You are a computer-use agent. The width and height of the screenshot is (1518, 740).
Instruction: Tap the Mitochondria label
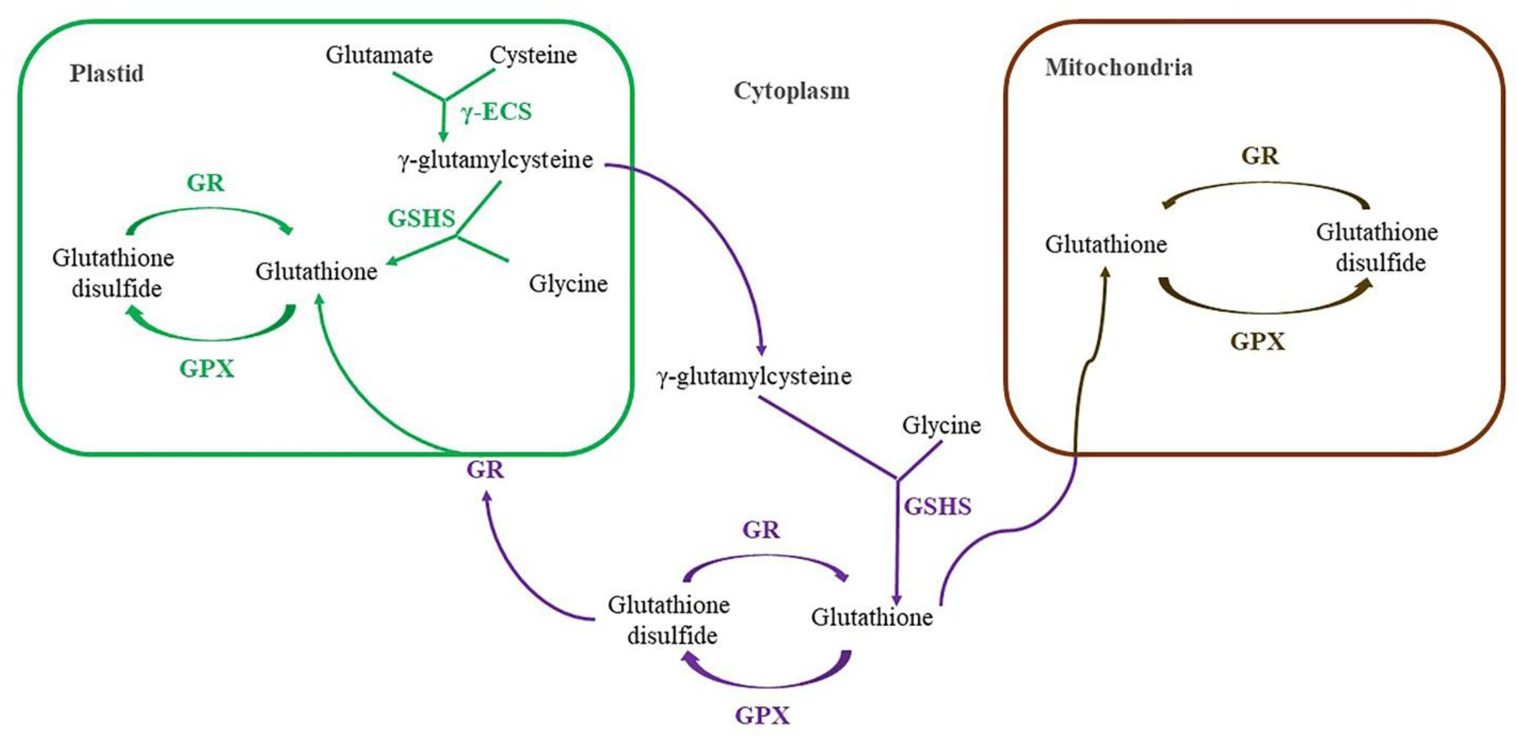point(1118,68)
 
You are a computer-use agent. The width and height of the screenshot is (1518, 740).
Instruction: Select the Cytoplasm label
point(791,91)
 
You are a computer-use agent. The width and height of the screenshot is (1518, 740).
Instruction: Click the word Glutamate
point(379,55)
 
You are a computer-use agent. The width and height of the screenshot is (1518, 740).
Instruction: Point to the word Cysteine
point(533,55)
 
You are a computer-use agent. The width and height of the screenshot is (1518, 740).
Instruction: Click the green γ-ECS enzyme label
point(496,111)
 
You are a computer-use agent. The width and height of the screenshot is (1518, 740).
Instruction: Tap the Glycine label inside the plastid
point(567,284)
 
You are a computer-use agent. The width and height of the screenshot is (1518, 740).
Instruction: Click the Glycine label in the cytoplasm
point(941,425)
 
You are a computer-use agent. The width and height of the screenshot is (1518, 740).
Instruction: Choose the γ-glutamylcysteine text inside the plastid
point(495,160)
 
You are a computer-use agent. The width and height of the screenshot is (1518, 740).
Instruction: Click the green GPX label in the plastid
point(207,369)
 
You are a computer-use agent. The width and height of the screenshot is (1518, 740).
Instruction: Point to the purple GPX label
point(762,716)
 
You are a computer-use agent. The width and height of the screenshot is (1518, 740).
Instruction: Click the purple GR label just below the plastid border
point(485,470)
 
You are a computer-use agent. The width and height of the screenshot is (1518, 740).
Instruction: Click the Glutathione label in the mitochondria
point(1106,245)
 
